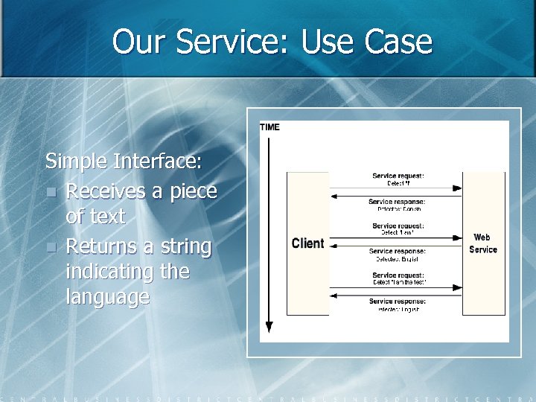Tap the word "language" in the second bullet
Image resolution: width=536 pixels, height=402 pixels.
107,297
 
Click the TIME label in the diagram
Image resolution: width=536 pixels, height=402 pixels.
269,127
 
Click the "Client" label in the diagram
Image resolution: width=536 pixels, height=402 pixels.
307,243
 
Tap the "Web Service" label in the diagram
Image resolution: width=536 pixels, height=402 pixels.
483,243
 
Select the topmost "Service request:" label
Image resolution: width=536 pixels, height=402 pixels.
398,176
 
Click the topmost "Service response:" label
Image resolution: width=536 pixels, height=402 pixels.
397,201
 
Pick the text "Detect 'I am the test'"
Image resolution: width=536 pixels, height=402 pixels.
398,283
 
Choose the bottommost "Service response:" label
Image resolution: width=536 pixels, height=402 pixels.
397,301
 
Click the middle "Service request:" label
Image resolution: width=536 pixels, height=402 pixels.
398,226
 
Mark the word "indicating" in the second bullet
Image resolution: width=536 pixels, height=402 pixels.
109,272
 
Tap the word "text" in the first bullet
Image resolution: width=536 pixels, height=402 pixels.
103,217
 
